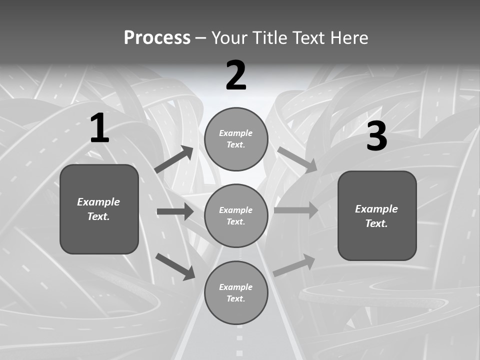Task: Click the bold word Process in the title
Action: [x=157, y=38]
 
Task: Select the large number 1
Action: [x=99, y=128]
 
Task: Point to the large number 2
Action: [x=236, y=75]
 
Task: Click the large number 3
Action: [x=376, y=136]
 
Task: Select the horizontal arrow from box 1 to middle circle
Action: [x=175, y=211]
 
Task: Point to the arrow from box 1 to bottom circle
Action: [x=175, y=265]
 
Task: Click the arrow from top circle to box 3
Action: [x=297, y=159]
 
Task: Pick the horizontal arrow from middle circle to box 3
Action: [x=296, y=210]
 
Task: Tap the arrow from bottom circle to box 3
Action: [x=294, y=265]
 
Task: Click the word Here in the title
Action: [x=349, y=38]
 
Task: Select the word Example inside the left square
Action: [x=98, y=202]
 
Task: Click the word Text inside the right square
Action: [x=376, y=223]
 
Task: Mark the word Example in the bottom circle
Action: [x=235, y=287]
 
